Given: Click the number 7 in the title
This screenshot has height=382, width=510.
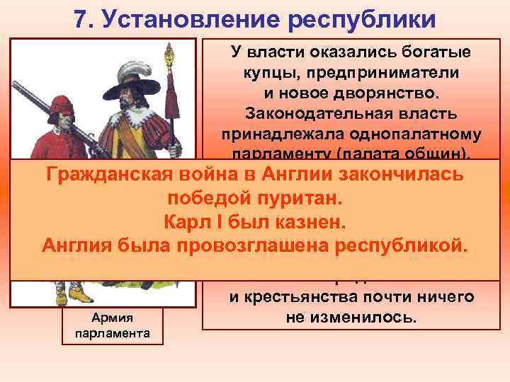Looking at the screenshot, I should point(79,19).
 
